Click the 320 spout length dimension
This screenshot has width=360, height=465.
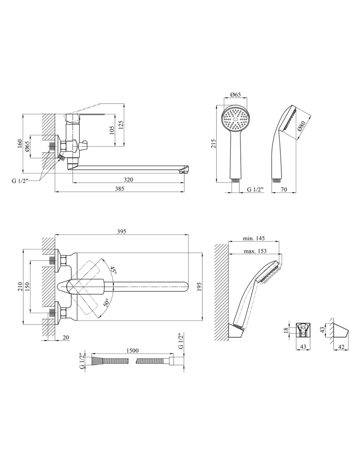tap(129, 180)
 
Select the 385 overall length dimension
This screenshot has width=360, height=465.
tap(120, 189)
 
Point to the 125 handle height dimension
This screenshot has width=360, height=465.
tap(121, 125)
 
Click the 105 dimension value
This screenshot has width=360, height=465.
tap(112, 130)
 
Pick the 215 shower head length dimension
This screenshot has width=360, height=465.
tap(213, 144)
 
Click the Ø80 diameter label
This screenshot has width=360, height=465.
tap(302, 126)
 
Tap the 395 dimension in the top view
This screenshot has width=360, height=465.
tap(121, 232)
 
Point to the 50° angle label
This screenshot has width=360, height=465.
tap(107, 303)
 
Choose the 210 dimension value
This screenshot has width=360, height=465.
tap(20, 286)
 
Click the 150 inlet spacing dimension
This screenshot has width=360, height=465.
tap(27, 287)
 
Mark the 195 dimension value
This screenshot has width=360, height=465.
tap(200, 286)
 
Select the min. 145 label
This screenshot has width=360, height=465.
tap(254, 238)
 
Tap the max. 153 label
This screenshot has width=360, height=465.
tap(255, 251)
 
